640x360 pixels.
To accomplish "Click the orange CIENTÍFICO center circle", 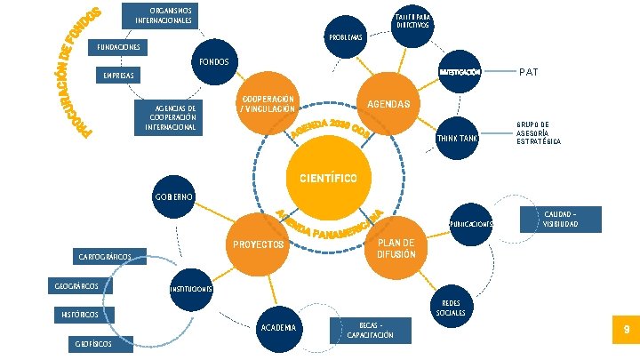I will coord(322,178).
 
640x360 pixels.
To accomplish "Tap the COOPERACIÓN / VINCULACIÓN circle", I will coord(268,103).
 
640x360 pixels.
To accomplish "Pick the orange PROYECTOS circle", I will coord(258,243).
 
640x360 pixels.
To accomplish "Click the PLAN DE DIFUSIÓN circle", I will coord(389,248).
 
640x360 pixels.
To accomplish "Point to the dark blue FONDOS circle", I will coord(214,62).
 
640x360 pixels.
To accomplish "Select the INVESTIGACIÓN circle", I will coord(459,72).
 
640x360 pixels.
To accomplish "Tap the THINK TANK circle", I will coord(457,139).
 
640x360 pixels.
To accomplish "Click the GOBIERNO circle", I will coord(172,196).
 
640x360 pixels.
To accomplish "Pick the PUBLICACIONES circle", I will coord(471,224).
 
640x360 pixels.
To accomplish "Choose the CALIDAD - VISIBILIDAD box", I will coord(560,219).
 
